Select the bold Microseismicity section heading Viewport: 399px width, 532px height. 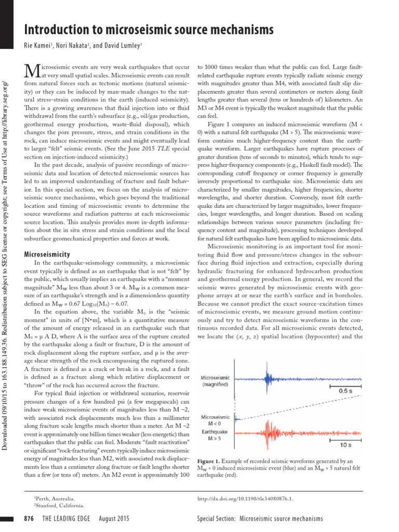[48, 255]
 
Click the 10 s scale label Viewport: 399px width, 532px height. [345, 445]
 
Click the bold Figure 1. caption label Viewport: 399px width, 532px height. [212, 461]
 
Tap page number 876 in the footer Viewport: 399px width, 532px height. [31, 518]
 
